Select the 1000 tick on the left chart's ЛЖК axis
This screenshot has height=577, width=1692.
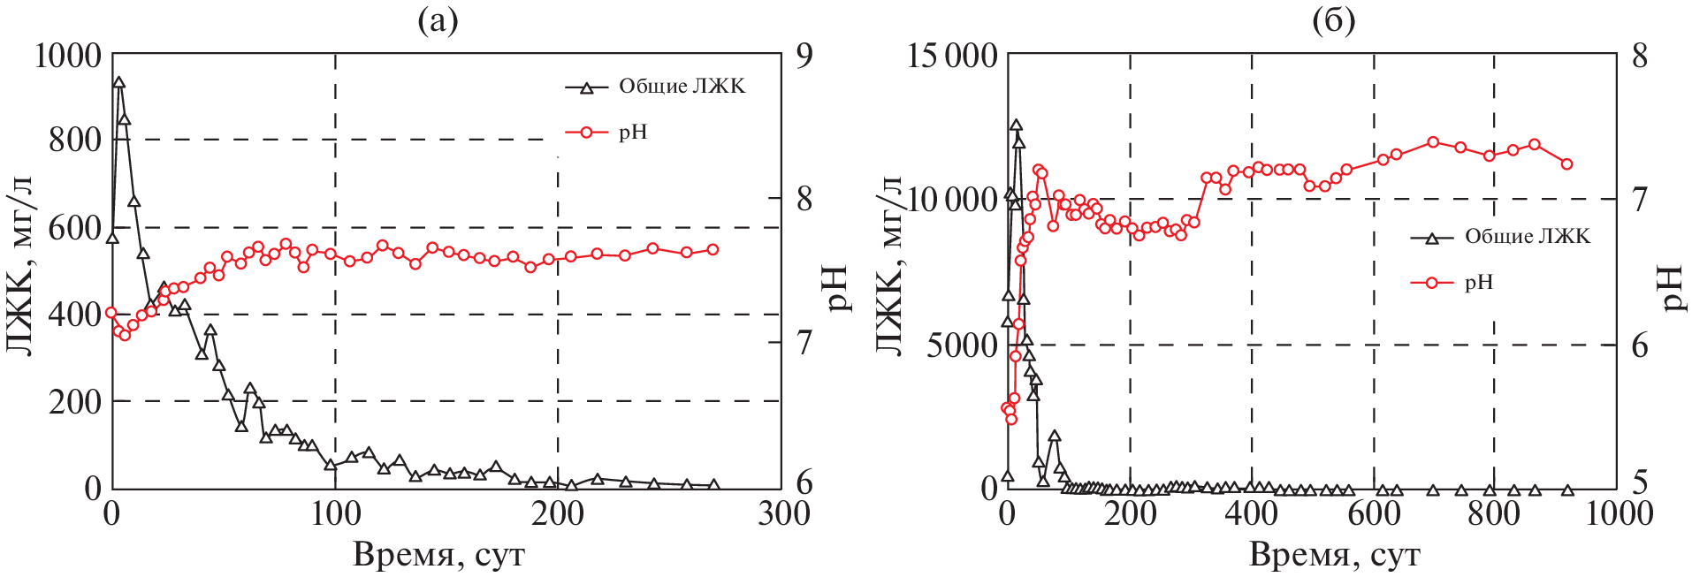coord(67,56)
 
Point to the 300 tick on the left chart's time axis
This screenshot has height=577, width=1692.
coord(782,513)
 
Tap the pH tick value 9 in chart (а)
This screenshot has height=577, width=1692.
coord(804,56)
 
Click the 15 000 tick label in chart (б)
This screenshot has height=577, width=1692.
coord(952,56)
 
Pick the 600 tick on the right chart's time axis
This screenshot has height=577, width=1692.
coord(1373,513)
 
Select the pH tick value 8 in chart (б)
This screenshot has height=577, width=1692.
coord(1640,56)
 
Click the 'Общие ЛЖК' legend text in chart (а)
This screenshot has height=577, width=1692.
coord(682,87)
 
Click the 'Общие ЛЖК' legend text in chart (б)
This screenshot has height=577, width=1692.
coord(1527,237)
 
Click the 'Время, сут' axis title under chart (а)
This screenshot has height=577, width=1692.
coord(438,555)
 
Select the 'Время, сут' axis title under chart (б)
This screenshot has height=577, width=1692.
coord(1334,555)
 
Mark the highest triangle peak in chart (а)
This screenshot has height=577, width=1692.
coord(118,83)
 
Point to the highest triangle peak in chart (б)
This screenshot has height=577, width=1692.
coord(1016,125)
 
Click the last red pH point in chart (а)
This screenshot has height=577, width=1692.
coord(713,249)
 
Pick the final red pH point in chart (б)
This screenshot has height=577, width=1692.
coord(1566,163)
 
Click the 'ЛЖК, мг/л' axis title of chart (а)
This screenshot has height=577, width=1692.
coord(19,265)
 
